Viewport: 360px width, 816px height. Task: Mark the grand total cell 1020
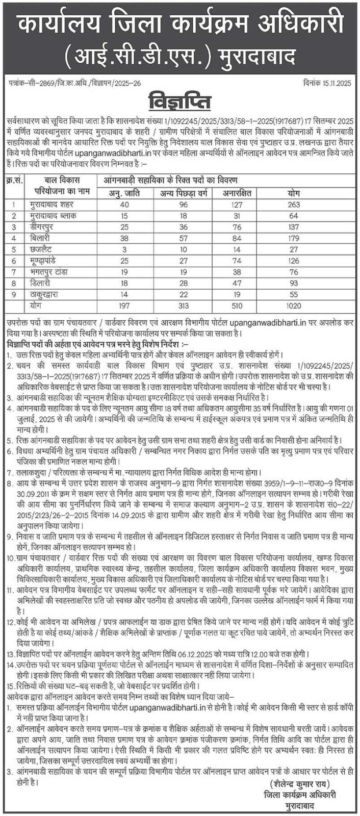(307, 305)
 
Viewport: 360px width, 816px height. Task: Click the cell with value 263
(307, 205)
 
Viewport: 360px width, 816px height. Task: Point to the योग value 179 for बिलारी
(307, 238)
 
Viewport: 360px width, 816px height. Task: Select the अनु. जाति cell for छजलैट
(124, 249)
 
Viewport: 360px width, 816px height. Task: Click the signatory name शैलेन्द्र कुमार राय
(298, 783)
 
